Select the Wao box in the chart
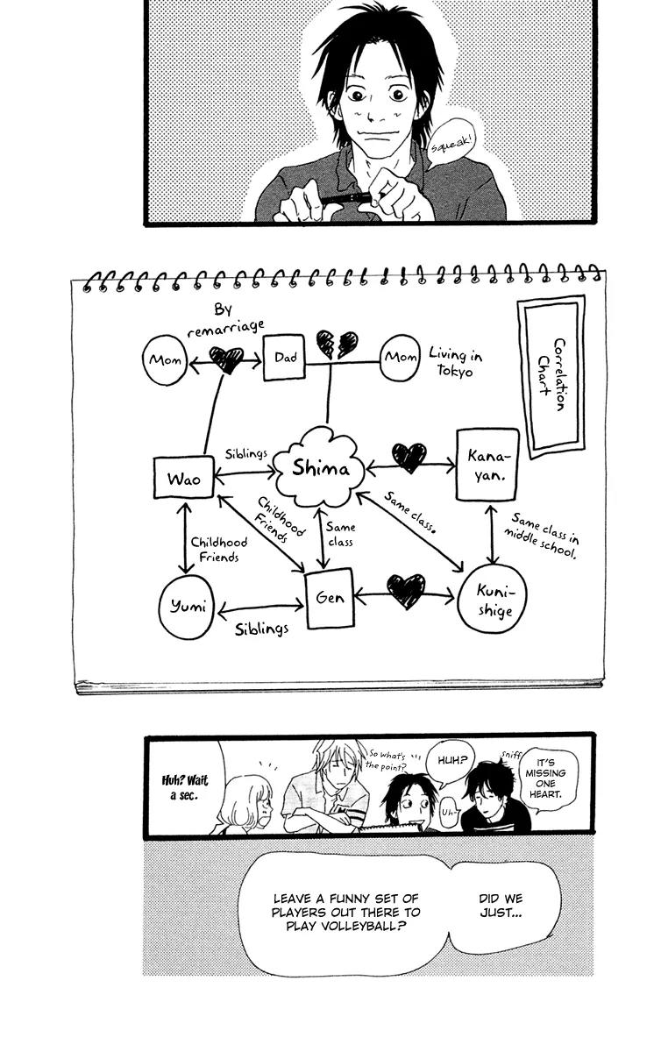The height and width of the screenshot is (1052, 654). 183,479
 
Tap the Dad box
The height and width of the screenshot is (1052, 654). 285,357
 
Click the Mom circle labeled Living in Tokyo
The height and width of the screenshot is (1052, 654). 401,358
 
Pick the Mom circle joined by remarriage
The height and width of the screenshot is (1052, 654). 165,359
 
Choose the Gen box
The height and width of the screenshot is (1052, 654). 329,600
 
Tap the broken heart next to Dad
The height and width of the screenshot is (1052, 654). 337,344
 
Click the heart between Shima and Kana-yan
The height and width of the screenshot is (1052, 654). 409,457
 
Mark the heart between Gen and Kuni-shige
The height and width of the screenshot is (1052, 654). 406,591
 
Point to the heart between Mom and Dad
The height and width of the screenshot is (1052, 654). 225,359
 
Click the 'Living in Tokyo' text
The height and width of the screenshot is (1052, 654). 454,361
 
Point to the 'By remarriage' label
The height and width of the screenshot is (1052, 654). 225,317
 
